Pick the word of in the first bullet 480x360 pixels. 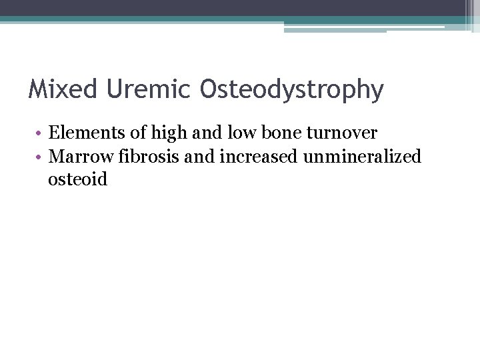[141, 133]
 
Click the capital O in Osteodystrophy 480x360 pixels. [208, 89]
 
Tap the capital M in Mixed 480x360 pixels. [36, 89]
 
